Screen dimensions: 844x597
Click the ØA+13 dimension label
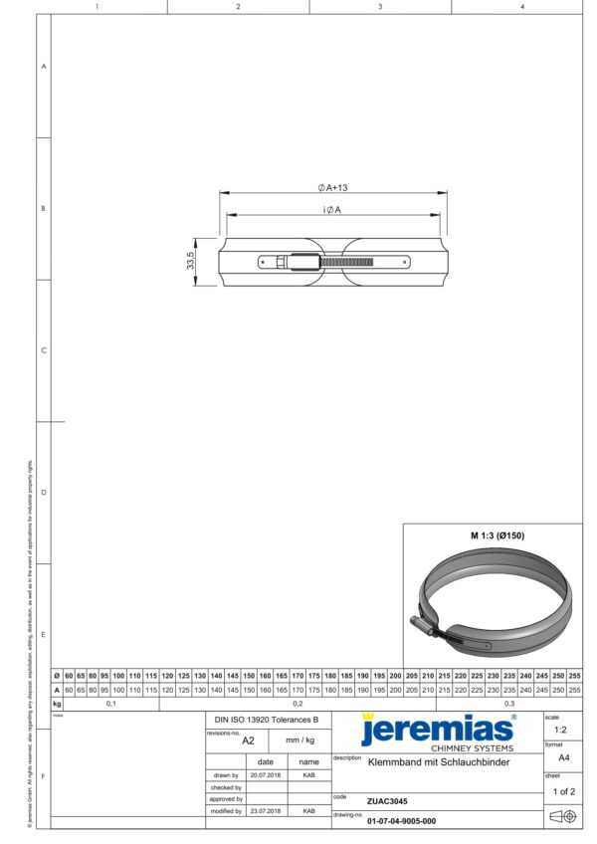(x=331, y=186)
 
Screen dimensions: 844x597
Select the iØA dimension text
(x=331, y=209)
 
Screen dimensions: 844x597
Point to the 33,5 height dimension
(x=190, y=261)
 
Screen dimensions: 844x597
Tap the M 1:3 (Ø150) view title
(x=497, y=535)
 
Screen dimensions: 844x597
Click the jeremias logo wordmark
(x=437, y=730)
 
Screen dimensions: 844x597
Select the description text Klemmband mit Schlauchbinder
(x=439, y=762)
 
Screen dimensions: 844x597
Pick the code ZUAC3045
(x=387, y=800)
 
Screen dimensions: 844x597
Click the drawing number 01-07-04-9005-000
(x=401, y=821)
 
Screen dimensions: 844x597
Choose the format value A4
(x=563, y=756)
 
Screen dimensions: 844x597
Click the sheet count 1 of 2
(x=562, y=791)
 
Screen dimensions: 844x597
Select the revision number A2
(x=249, y=740)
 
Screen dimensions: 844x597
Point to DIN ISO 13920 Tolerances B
(x=267, y=719)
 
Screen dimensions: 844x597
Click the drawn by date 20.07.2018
(x=266, y=774)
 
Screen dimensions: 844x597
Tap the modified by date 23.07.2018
(x=266, y=811)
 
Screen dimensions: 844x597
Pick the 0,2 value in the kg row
(x=298, y=703)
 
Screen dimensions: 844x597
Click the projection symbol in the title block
(x=563, y=817)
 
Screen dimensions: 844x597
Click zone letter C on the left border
(x=43, y=350)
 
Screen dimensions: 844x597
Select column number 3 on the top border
(x=380, y=7)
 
